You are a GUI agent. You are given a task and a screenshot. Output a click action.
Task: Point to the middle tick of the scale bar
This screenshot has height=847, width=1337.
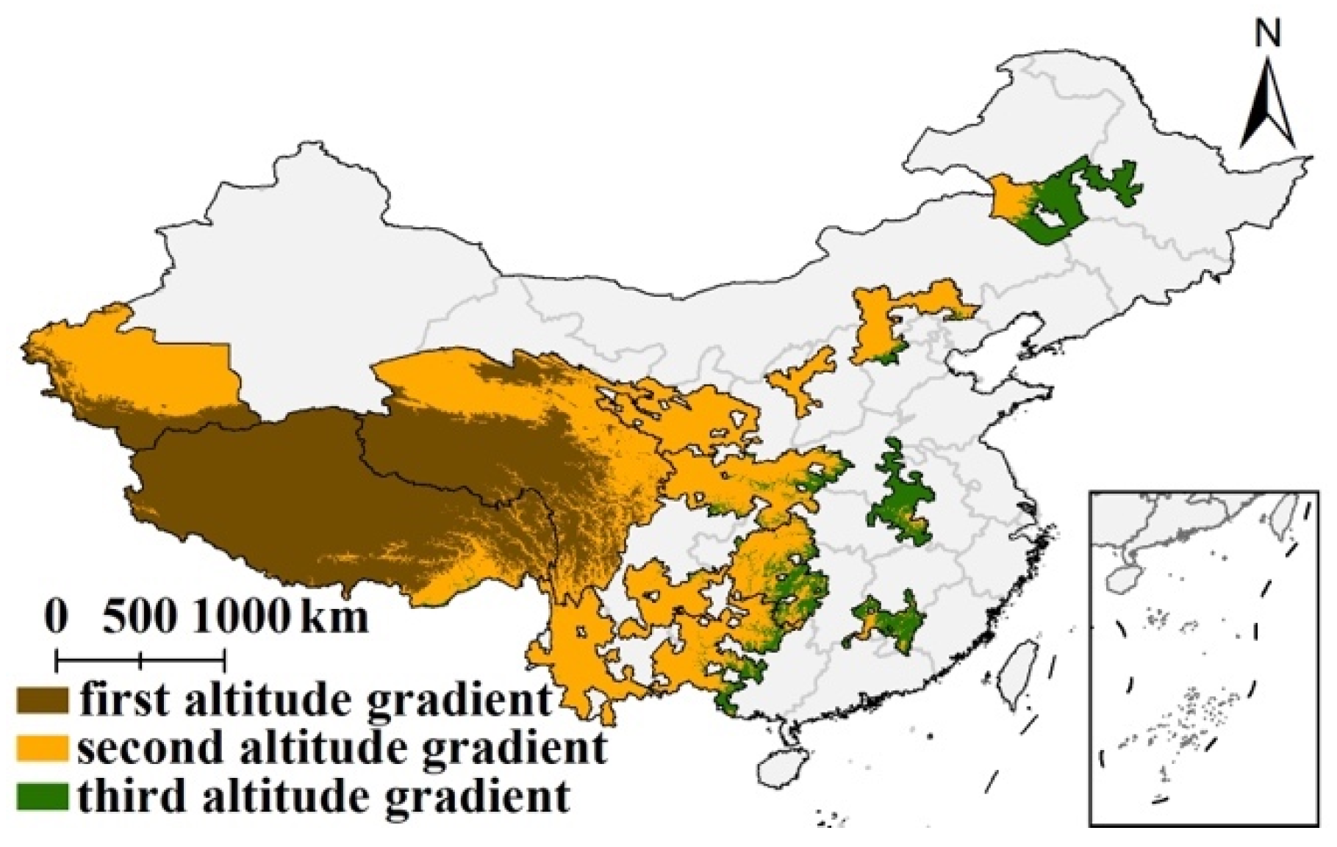pos(140,660)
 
